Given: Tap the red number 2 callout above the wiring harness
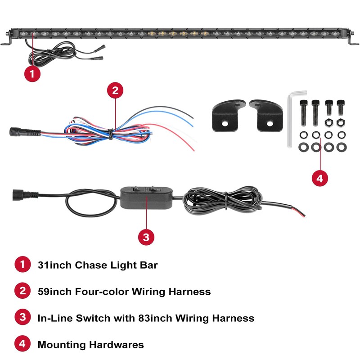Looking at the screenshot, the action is (x=115, y=90).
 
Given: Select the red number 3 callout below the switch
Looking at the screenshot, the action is (x=145, y=236).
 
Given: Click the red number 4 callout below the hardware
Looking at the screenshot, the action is (x=319, y=178).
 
